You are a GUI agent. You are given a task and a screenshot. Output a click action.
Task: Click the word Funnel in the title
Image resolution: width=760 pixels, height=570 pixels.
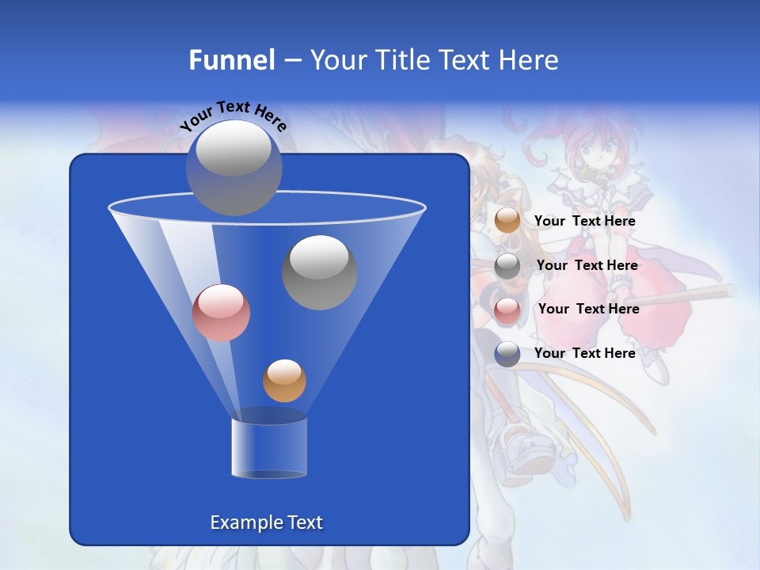[232, 60]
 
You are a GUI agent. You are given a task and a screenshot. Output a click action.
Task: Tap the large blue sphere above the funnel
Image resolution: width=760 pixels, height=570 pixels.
[234, 168]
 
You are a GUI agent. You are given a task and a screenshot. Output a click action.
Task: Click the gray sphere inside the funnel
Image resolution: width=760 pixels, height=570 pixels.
[320, 272]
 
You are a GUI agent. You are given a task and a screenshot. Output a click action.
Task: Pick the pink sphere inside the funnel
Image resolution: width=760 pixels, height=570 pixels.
[221, 313]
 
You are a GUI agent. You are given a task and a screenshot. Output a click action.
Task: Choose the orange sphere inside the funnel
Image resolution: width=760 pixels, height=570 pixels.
[284, 380]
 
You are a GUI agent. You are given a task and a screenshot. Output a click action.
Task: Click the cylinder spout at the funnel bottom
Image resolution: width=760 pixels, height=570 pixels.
[269, 447]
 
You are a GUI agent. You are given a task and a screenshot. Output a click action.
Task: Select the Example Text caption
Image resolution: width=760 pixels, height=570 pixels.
[267, 522]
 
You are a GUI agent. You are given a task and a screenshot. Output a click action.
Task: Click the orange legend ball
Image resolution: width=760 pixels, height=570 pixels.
[507, 221]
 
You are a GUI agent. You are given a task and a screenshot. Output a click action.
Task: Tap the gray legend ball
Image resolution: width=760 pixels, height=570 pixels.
[507, 266]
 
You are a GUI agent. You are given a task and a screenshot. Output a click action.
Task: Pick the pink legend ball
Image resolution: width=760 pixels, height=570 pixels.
[507, 310]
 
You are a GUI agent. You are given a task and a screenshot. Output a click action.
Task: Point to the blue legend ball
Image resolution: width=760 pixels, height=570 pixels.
[507, 354]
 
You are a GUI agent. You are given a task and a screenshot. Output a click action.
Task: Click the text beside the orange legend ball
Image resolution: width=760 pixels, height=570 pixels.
[584, 222]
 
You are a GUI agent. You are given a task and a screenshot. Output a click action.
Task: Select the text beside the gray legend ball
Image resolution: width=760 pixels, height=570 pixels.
[587, 266]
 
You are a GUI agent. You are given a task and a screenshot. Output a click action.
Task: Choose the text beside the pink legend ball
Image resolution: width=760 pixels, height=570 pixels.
[588, 310]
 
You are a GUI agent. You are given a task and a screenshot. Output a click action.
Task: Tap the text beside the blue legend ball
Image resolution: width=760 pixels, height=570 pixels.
[584, 354]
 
